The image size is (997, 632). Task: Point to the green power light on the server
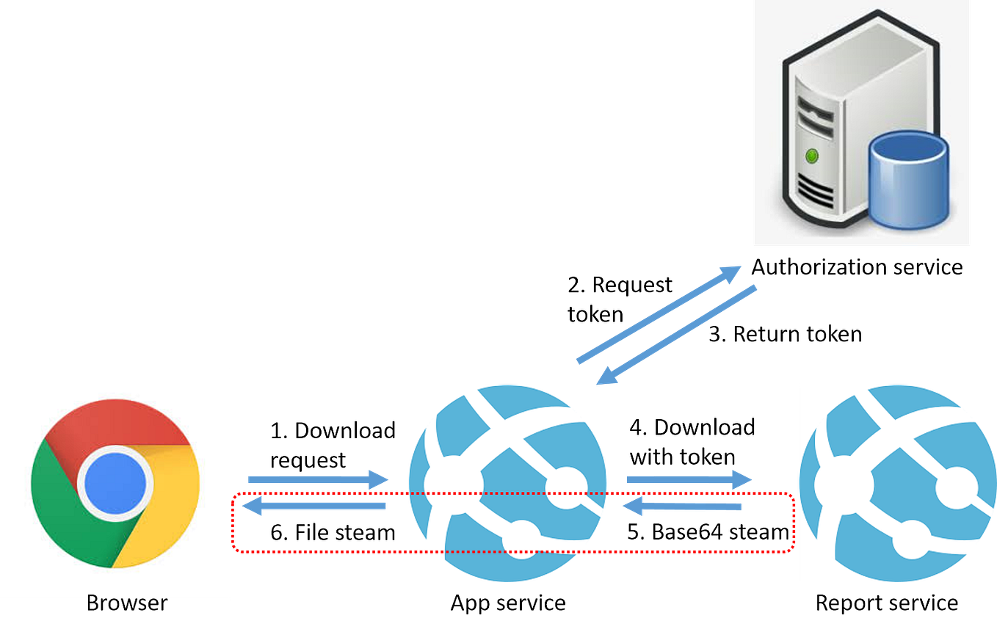[811, 156]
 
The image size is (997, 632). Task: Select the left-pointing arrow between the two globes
[683, 506]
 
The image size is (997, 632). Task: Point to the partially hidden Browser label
[126, 599]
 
